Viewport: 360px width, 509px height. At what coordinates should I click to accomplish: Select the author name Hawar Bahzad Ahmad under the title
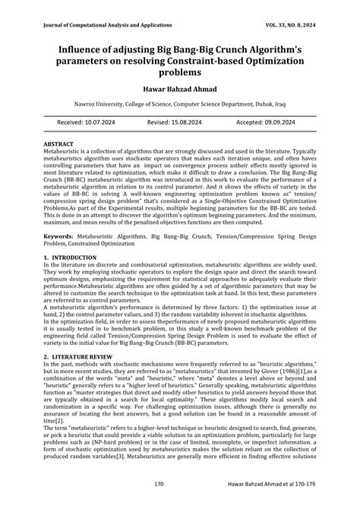click(x=180, y=89)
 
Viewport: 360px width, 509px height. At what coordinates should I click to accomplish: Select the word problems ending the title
click(x=180, y=73)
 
